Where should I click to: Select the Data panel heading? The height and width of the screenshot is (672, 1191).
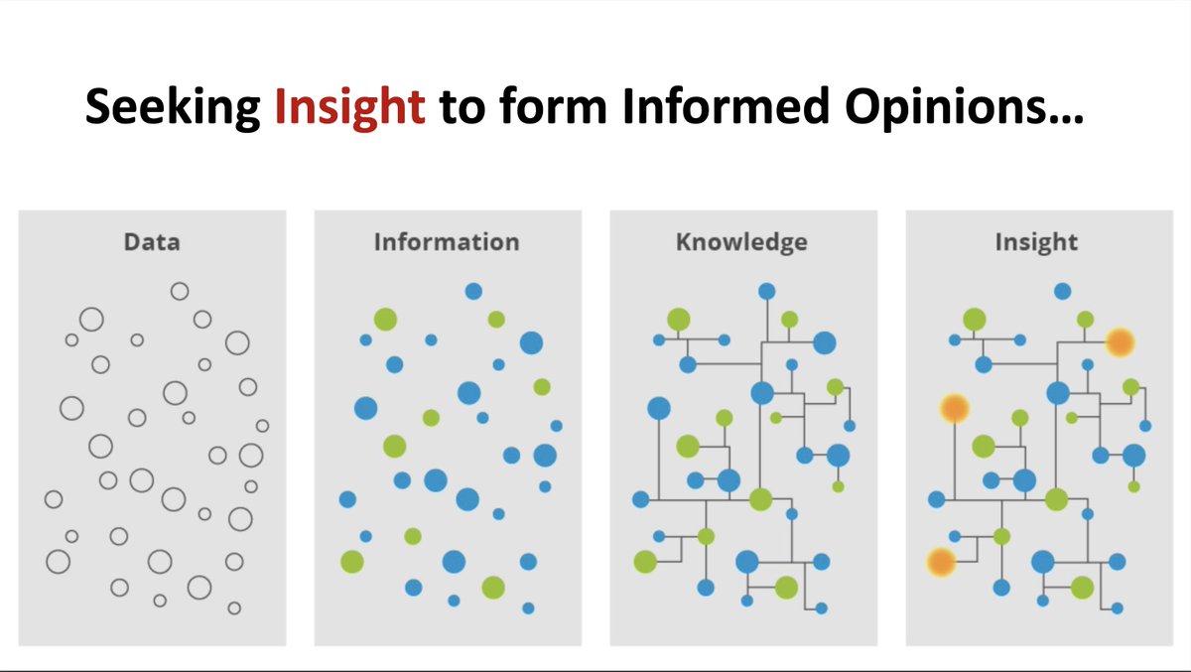click(x=152, y=241)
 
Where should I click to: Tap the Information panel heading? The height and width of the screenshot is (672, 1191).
click(x=447, y=241)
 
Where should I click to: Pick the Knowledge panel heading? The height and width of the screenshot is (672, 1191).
click(x=741, y=241)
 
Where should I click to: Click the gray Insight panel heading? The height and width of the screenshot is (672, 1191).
click(x=1036, y=241)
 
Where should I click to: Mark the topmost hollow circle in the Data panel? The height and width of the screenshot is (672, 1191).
click(x=180, y=291)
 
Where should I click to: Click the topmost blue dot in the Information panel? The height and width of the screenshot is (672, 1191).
click(x=473, y=291)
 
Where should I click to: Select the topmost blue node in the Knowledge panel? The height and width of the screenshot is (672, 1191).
click(x=767, y=291)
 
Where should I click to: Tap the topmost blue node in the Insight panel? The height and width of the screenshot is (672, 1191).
click(x=1062, y=291)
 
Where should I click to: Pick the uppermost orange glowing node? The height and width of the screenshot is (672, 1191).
click(x=1120, y=342)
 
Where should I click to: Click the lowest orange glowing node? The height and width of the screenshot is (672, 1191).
click(x=940, y=563)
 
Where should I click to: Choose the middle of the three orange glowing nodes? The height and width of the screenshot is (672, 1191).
click(x=954, y=408)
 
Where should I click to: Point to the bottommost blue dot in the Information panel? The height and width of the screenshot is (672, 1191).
click(x=528, y=607)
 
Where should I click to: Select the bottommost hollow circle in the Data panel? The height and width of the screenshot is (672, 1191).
click(x=234, y=607)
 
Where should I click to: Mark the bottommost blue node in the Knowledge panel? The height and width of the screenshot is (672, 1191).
click(x=822, y=607)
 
